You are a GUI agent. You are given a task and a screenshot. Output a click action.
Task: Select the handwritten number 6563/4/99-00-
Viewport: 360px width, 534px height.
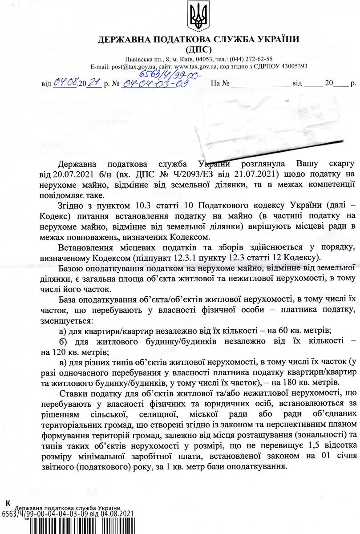point(168,73)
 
